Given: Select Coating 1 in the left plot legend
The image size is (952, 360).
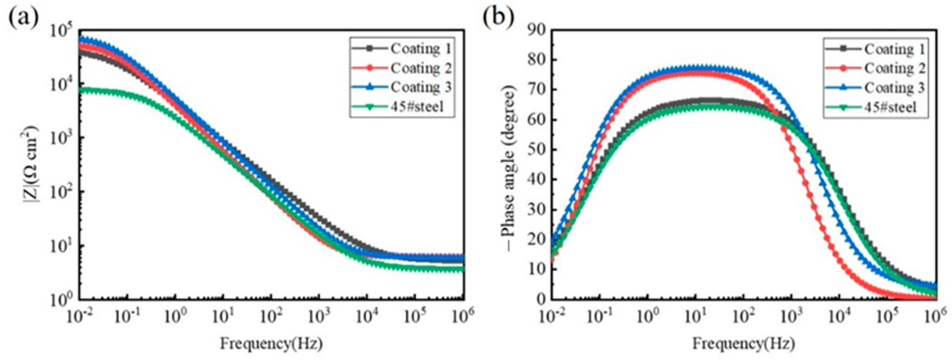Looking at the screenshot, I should coord(420,49).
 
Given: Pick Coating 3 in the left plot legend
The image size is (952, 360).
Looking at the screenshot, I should coord(420,88).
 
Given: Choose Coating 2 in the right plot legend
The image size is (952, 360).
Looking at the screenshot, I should coord(894,69).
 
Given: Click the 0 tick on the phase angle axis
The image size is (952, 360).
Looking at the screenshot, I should coord(540,299).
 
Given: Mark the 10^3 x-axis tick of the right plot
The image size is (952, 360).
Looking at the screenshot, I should coord(791,316).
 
